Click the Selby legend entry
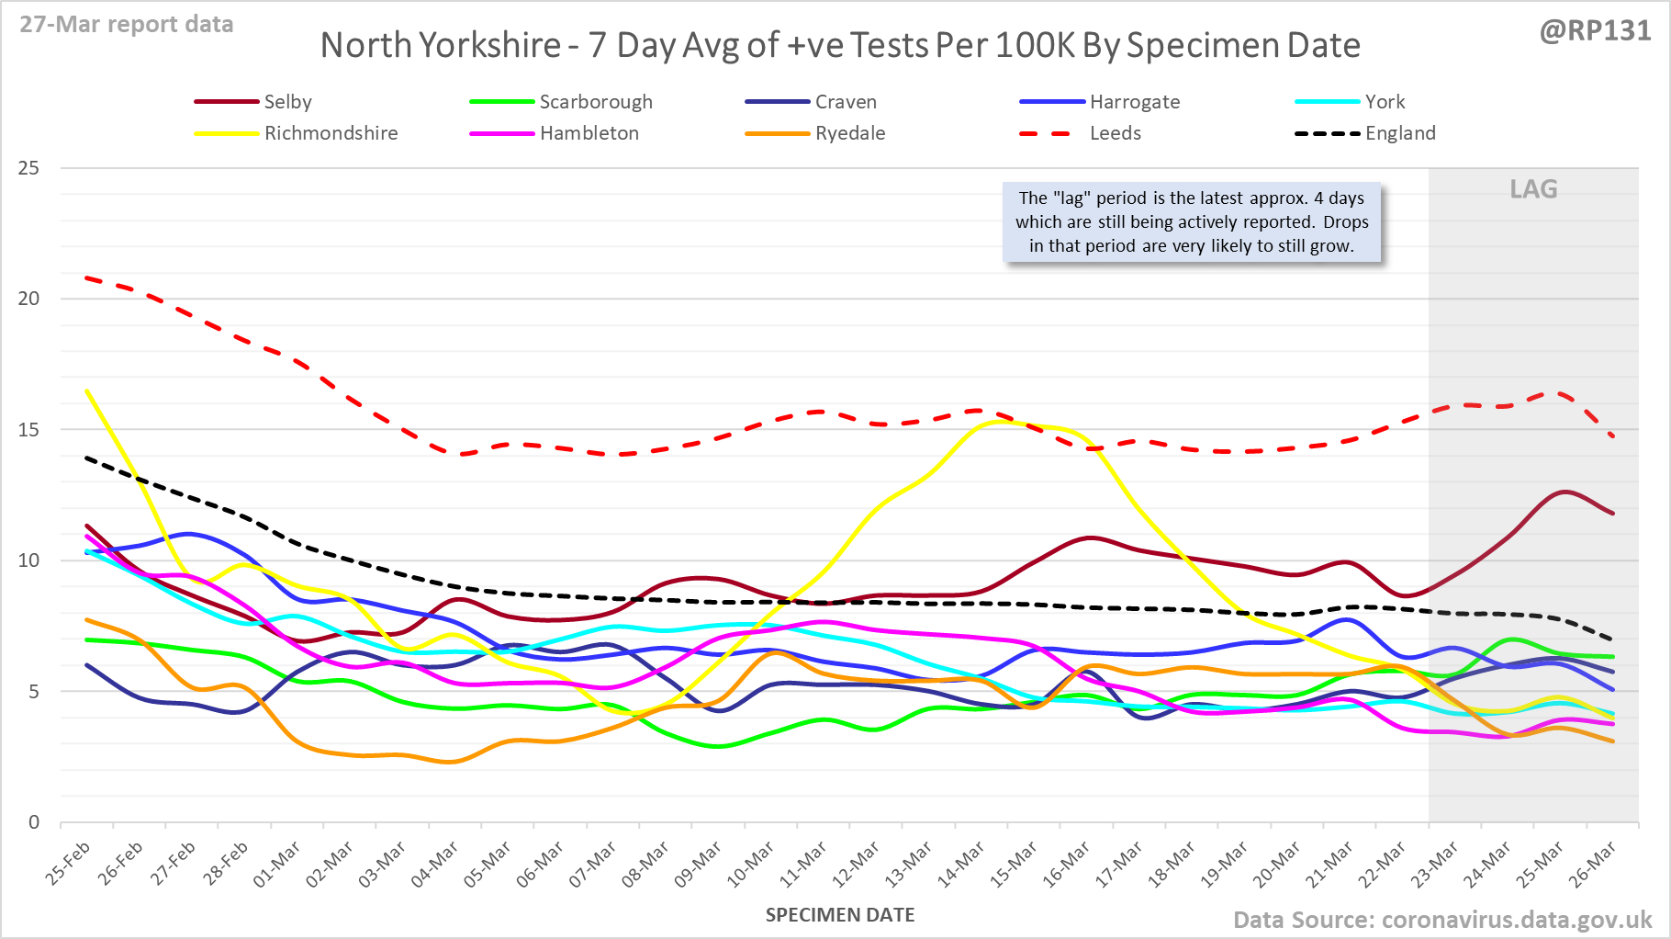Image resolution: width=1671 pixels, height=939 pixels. pyautogui.click(x=287, y=102)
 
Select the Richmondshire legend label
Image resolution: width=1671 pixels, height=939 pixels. pyautogui.click(x=331, y=133)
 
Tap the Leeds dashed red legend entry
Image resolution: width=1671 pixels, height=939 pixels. pyautogui.click(x=1115, y=133)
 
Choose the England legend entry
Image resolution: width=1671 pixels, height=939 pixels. pyautogui.click(x=1399, y=133)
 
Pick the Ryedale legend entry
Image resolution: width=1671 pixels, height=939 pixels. pyautogui.click(x=849, y=133)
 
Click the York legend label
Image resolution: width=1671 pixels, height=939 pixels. pyautogui.click(x=1385, y=102)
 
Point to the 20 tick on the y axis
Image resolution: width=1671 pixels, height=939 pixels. pyautogui.click(x=28, y=299)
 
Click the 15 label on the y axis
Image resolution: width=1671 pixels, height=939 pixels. pyautogui.click(x=28, y=429)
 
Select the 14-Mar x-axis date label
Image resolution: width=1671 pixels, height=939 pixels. pyautogui.click(x=960, y=865)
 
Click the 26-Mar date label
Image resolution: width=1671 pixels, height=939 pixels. pyautogui.click(x=1592, y=865)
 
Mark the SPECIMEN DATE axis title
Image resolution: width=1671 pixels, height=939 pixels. pyautogui.click(x=840, y=915)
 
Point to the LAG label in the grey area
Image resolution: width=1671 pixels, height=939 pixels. pyautogui.click(x=1533, y=189)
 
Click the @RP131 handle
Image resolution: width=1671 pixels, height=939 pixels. pyautogui.click(x=1595, y=30)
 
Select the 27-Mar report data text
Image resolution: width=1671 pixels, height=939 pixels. pyautogui.click(x=127, y=25)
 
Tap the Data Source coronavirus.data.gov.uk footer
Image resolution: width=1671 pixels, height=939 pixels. pyautogui.click(x=1441, y=920)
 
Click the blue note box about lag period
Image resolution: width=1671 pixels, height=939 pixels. pyautogui.click(x=1192, y=222)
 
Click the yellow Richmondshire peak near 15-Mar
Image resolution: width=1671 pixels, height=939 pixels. pyautogui.click(x=1003, y=422)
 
